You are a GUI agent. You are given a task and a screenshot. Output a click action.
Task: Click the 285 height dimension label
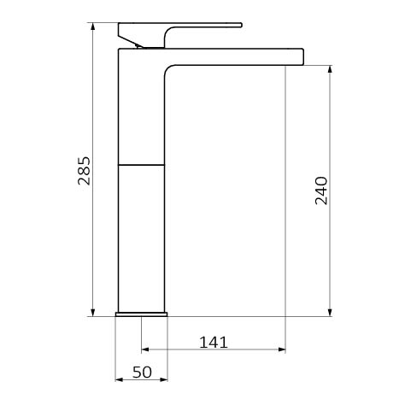[84, 171]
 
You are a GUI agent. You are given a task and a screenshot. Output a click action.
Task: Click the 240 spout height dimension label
[321, 191]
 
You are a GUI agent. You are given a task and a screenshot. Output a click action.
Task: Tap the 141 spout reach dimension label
[214, 343]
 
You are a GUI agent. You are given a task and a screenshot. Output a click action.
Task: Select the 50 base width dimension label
[142, 373]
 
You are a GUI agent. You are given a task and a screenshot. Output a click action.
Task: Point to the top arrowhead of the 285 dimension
[92, 26]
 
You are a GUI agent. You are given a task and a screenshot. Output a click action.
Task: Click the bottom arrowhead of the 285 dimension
[92, 313]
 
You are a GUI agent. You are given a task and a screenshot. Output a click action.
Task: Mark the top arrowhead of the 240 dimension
[330, 69]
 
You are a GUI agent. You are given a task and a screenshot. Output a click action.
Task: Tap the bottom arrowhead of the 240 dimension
[330, 313]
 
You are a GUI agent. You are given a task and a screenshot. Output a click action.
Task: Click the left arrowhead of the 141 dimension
[145, 349]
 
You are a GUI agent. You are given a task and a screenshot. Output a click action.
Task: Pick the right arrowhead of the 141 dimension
[282, 349]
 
